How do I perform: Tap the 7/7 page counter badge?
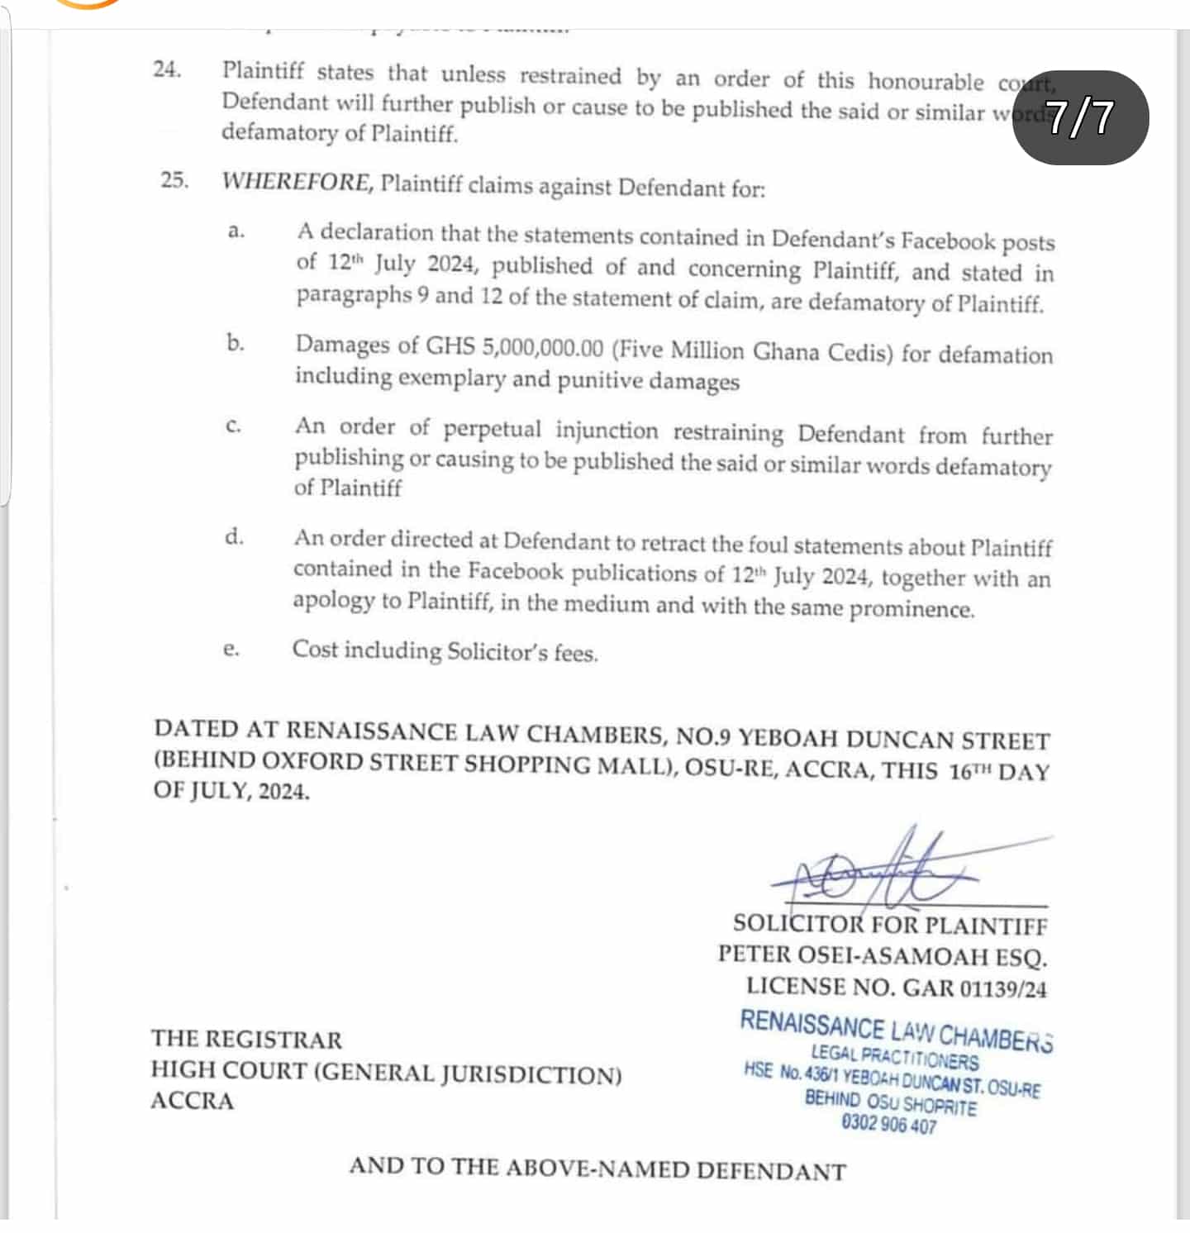pyautogui.click(x=1080, y=117)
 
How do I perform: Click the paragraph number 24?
pyautogui.click(x=167, y=69)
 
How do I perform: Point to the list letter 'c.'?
pyautogui.click(x=233, y=426)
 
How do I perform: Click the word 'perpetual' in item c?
pyautogui.click(x=492, y=429)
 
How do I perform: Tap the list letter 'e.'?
pyautogui.click(x=231, y=650)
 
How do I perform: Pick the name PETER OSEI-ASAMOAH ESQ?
pyautogui.click(x=882, y=956)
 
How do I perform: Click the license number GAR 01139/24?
pyautogui.click(x=974, y=988)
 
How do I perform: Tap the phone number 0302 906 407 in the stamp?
pyautogui.click(x=888, y=1124)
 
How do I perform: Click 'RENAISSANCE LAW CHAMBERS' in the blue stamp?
pyautogui.click(x=896, y=1031)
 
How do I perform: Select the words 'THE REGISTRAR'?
pyautogui.click(x=246, y=1039)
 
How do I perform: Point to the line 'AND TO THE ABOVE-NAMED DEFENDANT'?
pyautogui.click(x=597, y=1169)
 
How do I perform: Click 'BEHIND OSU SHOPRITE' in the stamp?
pyautogui.click(x=890, y=1102)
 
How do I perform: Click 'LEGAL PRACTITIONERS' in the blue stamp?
pyautogui.click(x=894, y=1057)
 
